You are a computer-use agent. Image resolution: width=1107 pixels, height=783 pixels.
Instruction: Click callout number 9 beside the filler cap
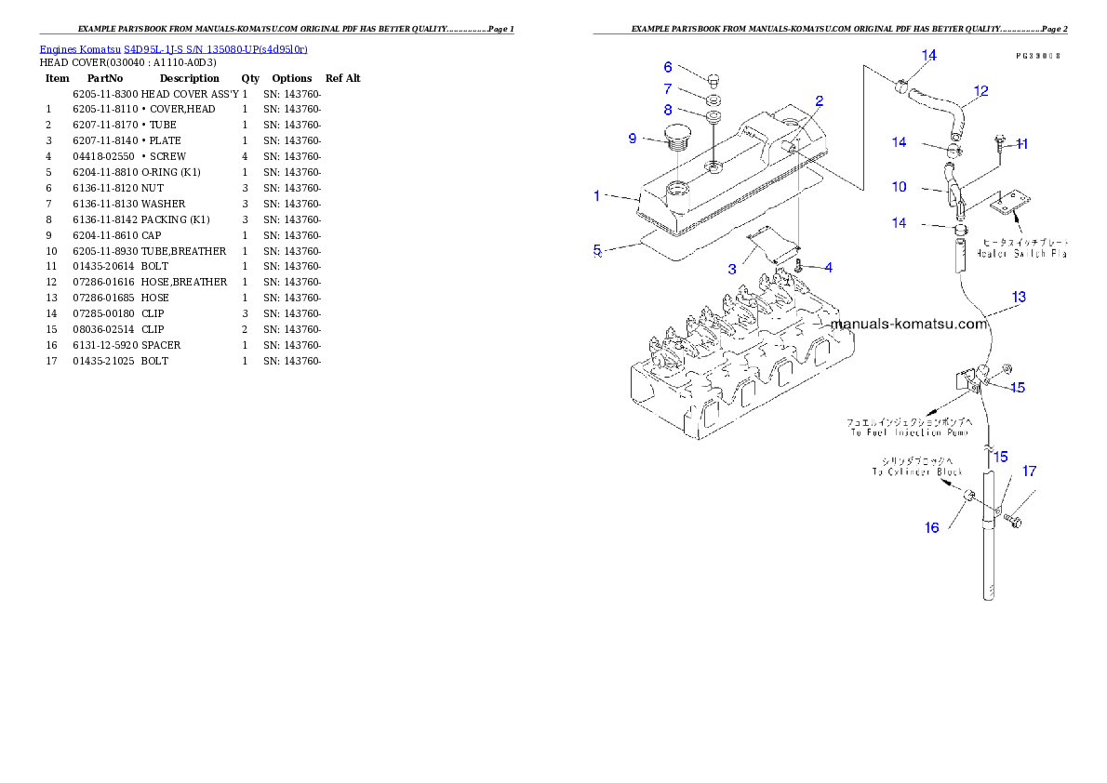tap(633, 139)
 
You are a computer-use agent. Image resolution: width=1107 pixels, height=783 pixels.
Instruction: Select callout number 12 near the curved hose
tap(980, 91)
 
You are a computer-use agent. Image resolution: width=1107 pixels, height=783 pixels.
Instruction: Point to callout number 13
tap(1019, 298)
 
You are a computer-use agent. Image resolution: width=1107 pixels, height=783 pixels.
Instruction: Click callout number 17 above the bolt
tap(1029, 471)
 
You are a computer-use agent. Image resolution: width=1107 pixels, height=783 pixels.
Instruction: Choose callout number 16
tap(931, 527)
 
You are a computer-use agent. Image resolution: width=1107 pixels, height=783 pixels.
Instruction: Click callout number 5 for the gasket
tap(598, 249)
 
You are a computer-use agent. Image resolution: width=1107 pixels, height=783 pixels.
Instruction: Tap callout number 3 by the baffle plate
tap(732, 269)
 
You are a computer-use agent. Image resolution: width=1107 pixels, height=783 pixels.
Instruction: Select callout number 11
tap(1021, 143)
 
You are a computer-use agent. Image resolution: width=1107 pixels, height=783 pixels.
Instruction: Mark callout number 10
tap(899, 187)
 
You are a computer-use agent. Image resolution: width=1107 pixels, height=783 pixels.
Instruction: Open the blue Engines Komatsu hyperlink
tap(173, 48)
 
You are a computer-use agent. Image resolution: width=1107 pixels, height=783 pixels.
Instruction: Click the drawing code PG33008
tap(1038, 56)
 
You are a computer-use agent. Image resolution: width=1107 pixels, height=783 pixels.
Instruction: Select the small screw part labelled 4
tap(799, 268)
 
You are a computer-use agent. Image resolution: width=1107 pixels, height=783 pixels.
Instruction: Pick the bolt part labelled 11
tap(1001, 141)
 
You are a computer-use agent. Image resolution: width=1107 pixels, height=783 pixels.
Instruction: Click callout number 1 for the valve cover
tap(597, 196)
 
